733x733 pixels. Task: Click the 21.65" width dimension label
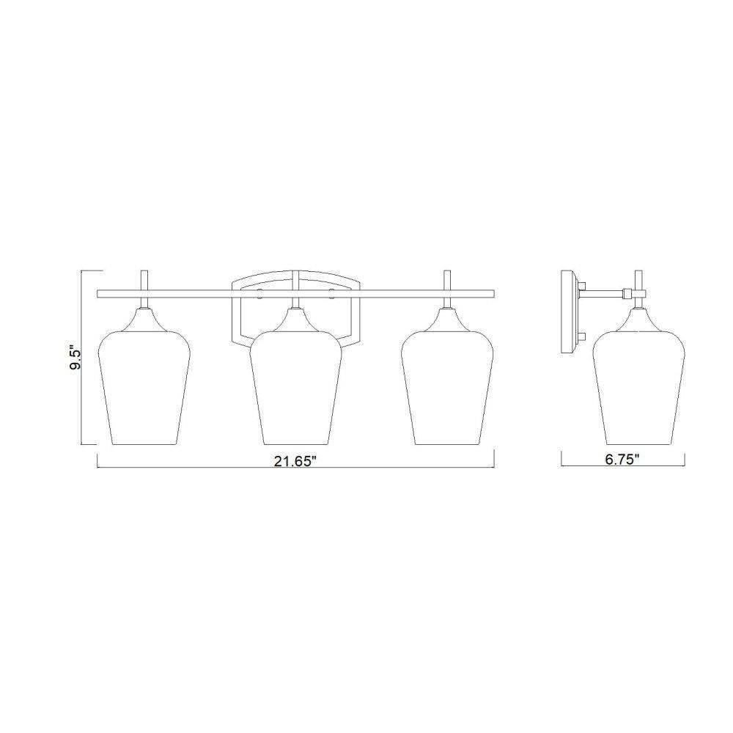click(x=295, y=461)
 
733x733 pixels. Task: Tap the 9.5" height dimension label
click(x=75, y=358)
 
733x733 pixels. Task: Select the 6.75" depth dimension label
click(x=622, y=460)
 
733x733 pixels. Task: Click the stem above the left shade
click(x=144, y=281)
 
